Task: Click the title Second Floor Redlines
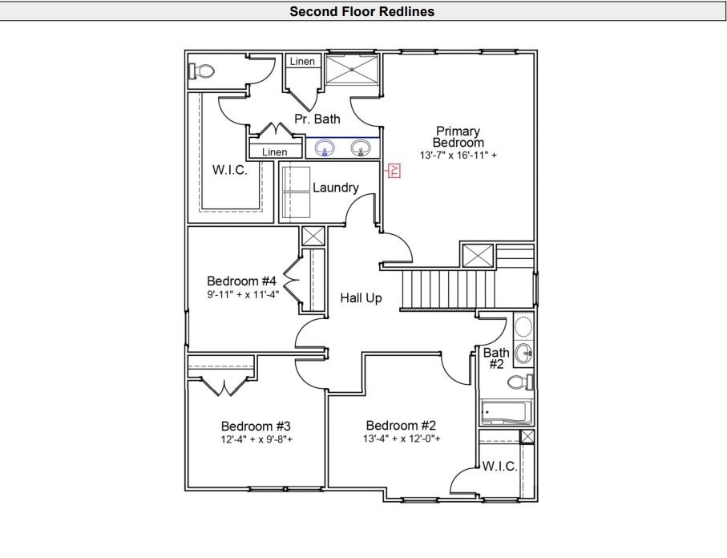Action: [362, 11]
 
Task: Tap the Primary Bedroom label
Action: [458, 136]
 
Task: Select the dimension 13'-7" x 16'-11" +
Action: [458, 155]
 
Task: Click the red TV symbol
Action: [394, 170]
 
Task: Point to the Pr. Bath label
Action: [317, 119]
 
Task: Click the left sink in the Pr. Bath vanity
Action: [325, 148]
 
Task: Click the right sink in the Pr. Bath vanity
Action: [361, 148]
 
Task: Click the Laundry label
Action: [335, 188]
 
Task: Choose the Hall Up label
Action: [361, 298]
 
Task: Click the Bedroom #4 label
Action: [241, 281]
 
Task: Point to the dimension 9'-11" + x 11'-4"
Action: [241, 294]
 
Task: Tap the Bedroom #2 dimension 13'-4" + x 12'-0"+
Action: [401, 439]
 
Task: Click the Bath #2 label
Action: [496, 358]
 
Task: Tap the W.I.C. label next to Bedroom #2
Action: [499, 467]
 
